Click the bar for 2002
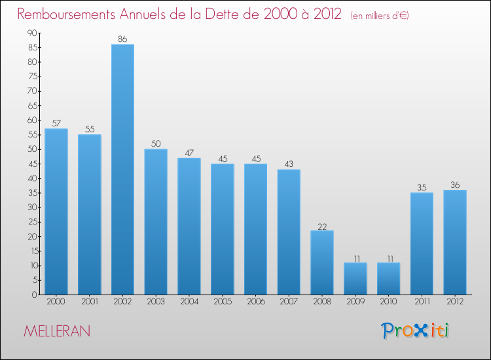[122, 169]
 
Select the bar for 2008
[322, 262]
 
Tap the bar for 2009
[355, 278]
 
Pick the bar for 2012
[455, 242]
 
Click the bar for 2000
[56, 211]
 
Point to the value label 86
[122, 39]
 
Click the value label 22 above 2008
[322, 226]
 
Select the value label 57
[56, 124]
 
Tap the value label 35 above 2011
[422, 188]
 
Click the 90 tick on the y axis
[32, 33]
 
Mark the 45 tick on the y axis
[32, 164]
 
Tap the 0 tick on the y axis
[34, 295]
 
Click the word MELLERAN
[57, 331]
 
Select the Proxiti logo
[416, 331]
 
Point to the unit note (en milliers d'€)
[380, 16]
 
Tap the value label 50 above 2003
[156, 144]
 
